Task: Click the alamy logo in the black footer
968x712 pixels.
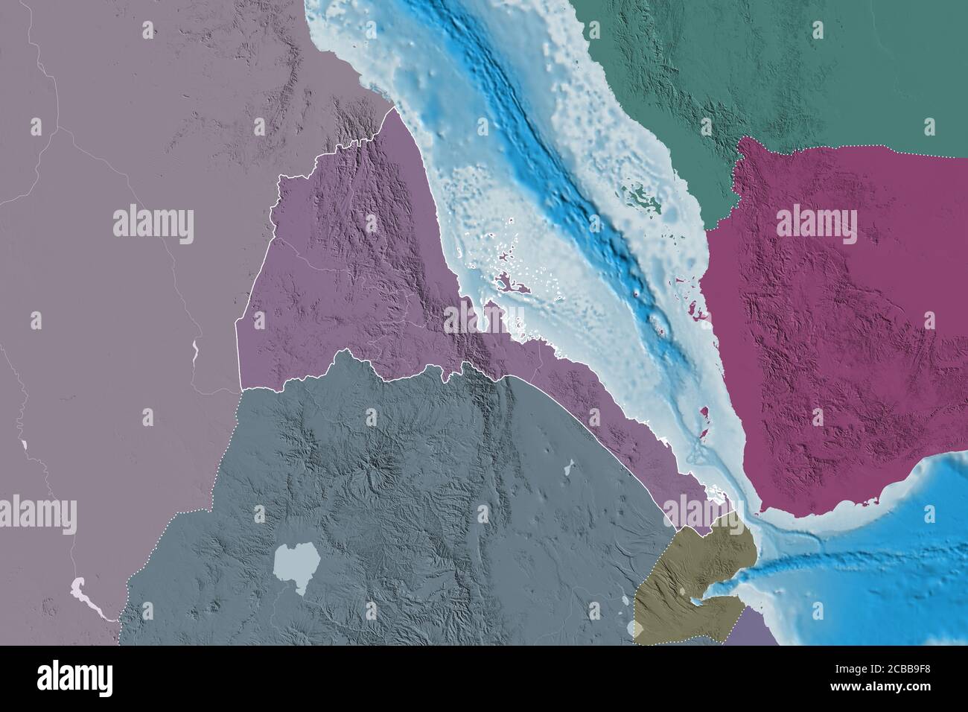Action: tap(74, 678)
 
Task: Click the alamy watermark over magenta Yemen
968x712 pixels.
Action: tap(816, 225)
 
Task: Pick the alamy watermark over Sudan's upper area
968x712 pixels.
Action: tap(153, 224)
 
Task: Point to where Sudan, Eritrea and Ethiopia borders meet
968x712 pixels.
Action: tap(242, 388)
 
